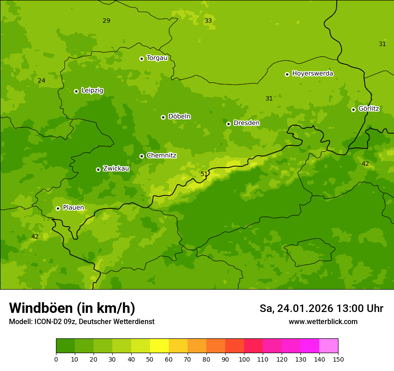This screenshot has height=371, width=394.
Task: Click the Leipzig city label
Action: coord(92,91)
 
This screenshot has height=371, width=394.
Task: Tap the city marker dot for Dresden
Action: coord(228,124)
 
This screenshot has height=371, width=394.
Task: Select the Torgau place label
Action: coord(157,58)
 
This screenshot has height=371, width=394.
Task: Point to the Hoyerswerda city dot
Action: coord(287,74)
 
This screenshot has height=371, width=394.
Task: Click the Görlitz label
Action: coord(368,109)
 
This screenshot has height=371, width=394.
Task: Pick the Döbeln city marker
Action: coord(163,117)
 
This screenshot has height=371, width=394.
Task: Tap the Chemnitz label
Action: coord(161,156)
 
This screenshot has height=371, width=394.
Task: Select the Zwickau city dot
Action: coord(98,169)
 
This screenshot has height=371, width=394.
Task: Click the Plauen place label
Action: coord(73,208)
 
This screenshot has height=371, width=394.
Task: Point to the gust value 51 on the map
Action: coord(204,174)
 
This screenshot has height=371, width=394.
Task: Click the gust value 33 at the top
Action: coord(208,21)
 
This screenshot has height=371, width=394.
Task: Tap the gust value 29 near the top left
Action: coord(106,21)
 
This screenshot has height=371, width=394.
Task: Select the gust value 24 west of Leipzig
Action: coord(42,81)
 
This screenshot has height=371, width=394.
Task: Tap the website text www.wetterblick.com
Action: coord(323,322)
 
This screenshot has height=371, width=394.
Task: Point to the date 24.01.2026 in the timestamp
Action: coord(304,308)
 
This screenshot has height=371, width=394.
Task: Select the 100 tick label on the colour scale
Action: coord(244,359)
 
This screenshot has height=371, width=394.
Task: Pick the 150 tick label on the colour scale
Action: coord(338,359)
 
